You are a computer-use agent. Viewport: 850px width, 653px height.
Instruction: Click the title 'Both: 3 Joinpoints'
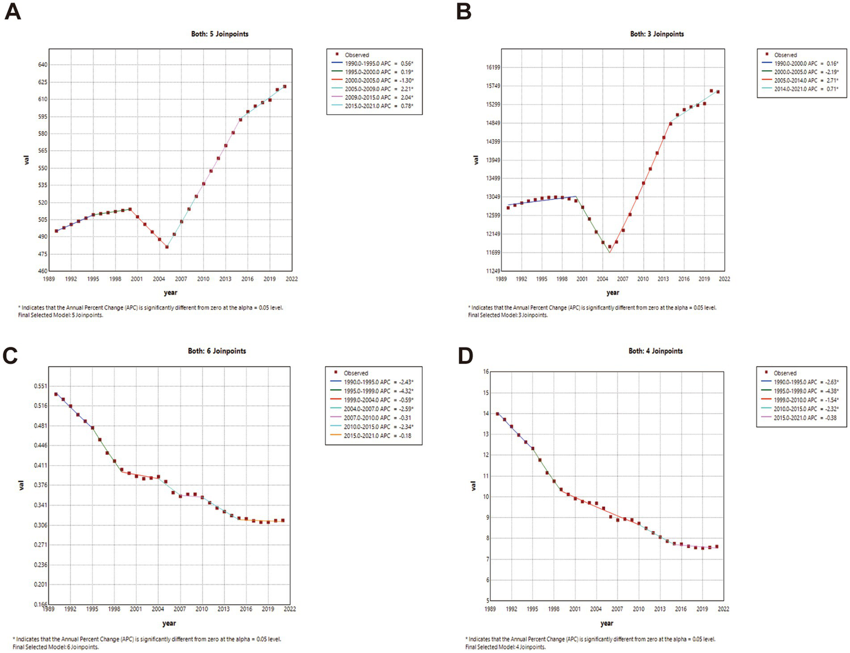(657, 34)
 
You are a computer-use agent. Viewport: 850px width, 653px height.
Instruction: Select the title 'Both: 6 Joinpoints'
(217, 351)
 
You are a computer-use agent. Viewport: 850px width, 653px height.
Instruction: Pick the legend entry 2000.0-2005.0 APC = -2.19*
(806, 72)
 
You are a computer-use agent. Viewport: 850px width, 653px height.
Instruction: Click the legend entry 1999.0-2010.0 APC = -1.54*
(806, 400)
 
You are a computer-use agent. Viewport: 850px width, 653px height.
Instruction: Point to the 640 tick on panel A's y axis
(43, 65)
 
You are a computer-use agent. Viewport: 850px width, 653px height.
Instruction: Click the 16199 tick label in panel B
(492, 68)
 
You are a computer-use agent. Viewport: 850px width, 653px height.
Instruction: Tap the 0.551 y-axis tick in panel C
(40, 386)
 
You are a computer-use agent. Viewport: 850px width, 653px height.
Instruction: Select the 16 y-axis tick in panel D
(486, 372)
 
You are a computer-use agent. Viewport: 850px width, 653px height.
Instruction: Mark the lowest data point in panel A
(167, 247)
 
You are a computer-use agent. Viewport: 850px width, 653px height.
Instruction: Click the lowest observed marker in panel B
(610, 247)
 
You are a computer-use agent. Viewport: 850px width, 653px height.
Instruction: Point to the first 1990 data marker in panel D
(497, 414)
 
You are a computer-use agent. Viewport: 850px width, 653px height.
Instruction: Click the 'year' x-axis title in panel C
(169, 623)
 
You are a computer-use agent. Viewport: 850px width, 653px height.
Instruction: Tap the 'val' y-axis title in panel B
(476, 160)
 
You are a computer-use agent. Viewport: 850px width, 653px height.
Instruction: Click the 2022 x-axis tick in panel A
(291, 279)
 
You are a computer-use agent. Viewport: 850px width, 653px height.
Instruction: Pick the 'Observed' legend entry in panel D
(785, 373)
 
